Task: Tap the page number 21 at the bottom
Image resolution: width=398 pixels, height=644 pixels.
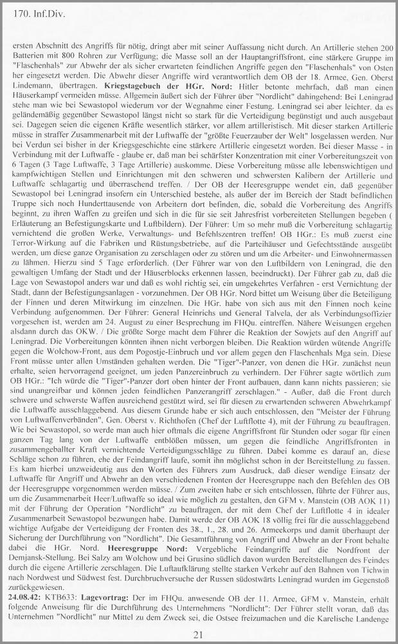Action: pyautogui.click(x=198, y=635)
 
